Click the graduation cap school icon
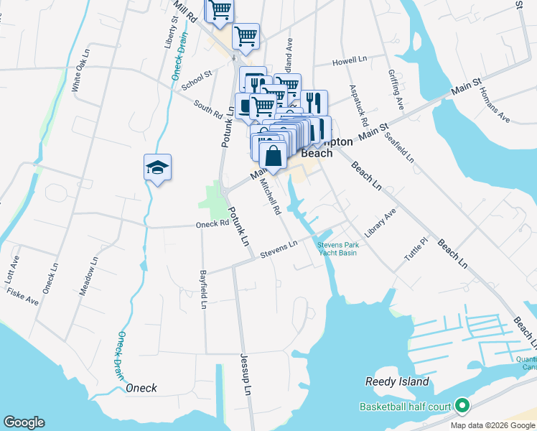point(158,167)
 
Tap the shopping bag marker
point(273,156)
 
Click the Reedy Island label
point(397,381)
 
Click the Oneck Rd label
point(212,224)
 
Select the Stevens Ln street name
point(279,250)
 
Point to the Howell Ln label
point(350,60)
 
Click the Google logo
point(24,422)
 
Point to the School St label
point(197,80)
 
